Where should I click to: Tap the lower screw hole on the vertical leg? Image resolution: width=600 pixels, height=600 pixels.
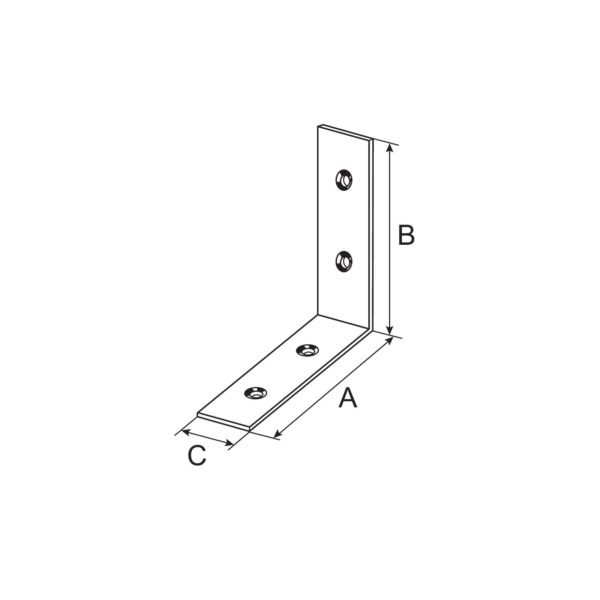[343, 262]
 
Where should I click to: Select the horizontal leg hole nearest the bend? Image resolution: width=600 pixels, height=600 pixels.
[307, 350]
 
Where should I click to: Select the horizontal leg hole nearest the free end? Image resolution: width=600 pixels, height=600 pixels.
[255, 393]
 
